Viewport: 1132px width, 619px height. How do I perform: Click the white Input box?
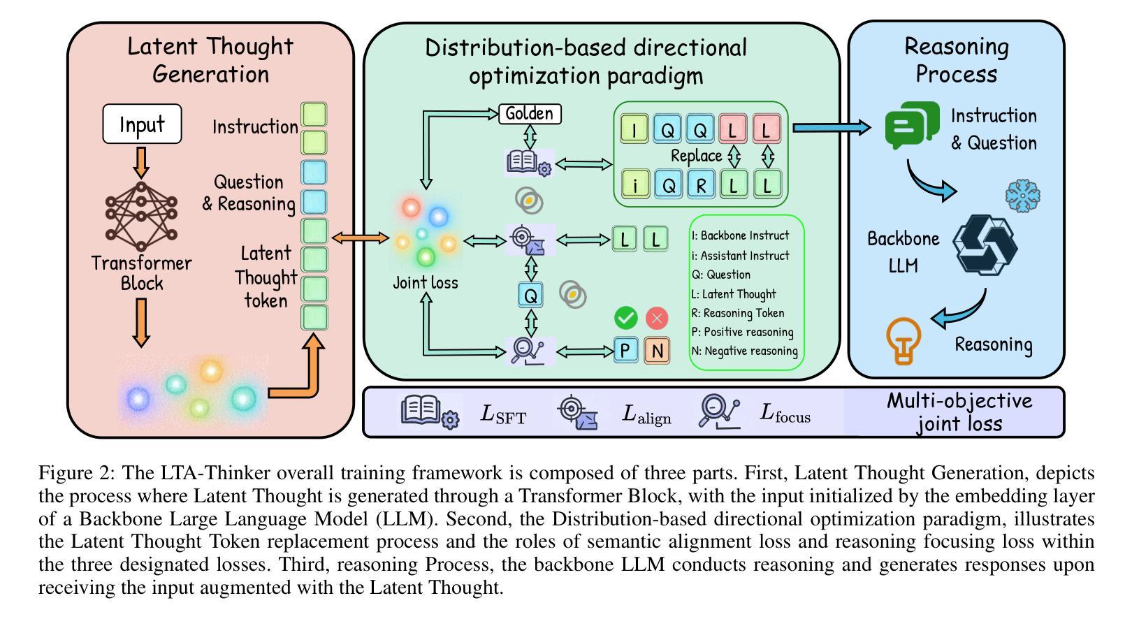pyautogui.click(x=142, y=124)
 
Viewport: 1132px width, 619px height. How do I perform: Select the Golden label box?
pyautogui.click(x=530, y=113)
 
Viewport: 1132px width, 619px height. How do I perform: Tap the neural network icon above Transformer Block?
pyautogui.click(x=141, y=216)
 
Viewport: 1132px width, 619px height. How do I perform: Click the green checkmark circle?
pyautogui.click(x=626, y=318)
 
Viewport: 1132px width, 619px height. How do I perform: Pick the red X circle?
pyautogui.click(x=657, y=319)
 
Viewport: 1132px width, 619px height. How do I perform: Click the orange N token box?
pyautogui.click(x=657, y=350)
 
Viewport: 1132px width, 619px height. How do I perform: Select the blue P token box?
pyautogui.click(x=626, y=350)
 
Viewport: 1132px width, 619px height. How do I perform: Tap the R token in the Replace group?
pyautogui.click(x=701, y=184)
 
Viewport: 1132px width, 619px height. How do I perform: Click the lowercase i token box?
pyautogui.click(x=634, y=184)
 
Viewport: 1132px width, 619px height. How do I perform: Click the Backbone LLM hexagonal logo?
pyautogui.click(x=985, y=244)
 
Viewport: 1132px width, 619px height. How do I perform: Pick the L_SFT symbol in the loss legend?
pyautogui.click(x=503, y=414)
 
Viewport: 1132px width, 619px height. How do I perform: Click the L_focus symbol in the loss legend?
pyautogui.click(x=785, y=414)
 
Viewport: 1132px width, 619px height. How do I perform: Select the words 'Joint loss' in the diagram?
pyautogui.click(x=426, y=282)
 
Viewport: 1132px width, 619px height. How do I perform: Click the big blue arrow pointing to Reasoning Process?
pyautogui.click(x=832, y=127)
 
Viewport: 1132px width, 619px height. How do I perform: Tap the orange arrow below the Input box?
pyautogui.click(x=142, y=161)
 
